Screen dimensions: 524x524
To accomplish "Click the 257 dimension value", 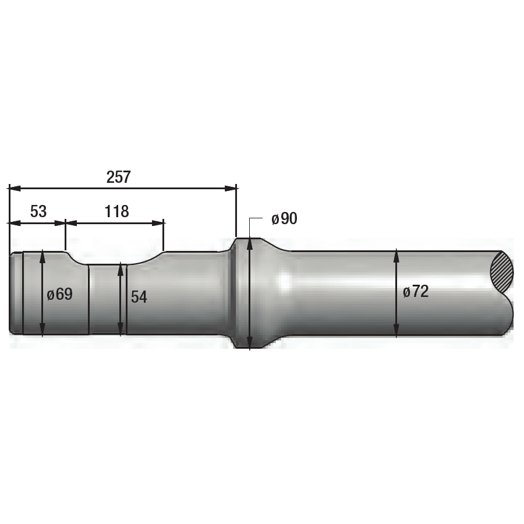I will tap(118, 177).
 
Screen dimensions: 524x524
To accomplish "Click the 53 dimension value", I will tap(38, 211).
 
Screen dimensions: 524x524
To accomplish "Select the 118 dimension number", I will tap(116, 211).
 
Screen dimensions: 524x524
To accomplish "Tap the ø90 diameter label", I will tap(284, 219).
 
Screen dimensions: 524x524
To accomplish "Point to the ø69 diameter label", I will tap(60, 294).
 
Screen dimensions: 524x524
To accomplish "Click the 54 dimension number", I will tap(139, 297).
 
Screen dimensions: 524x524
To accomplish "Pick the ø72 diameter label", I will tap(416, 292).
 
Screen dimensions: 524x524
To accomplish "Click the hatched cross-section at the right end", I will tap(502, 271).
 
